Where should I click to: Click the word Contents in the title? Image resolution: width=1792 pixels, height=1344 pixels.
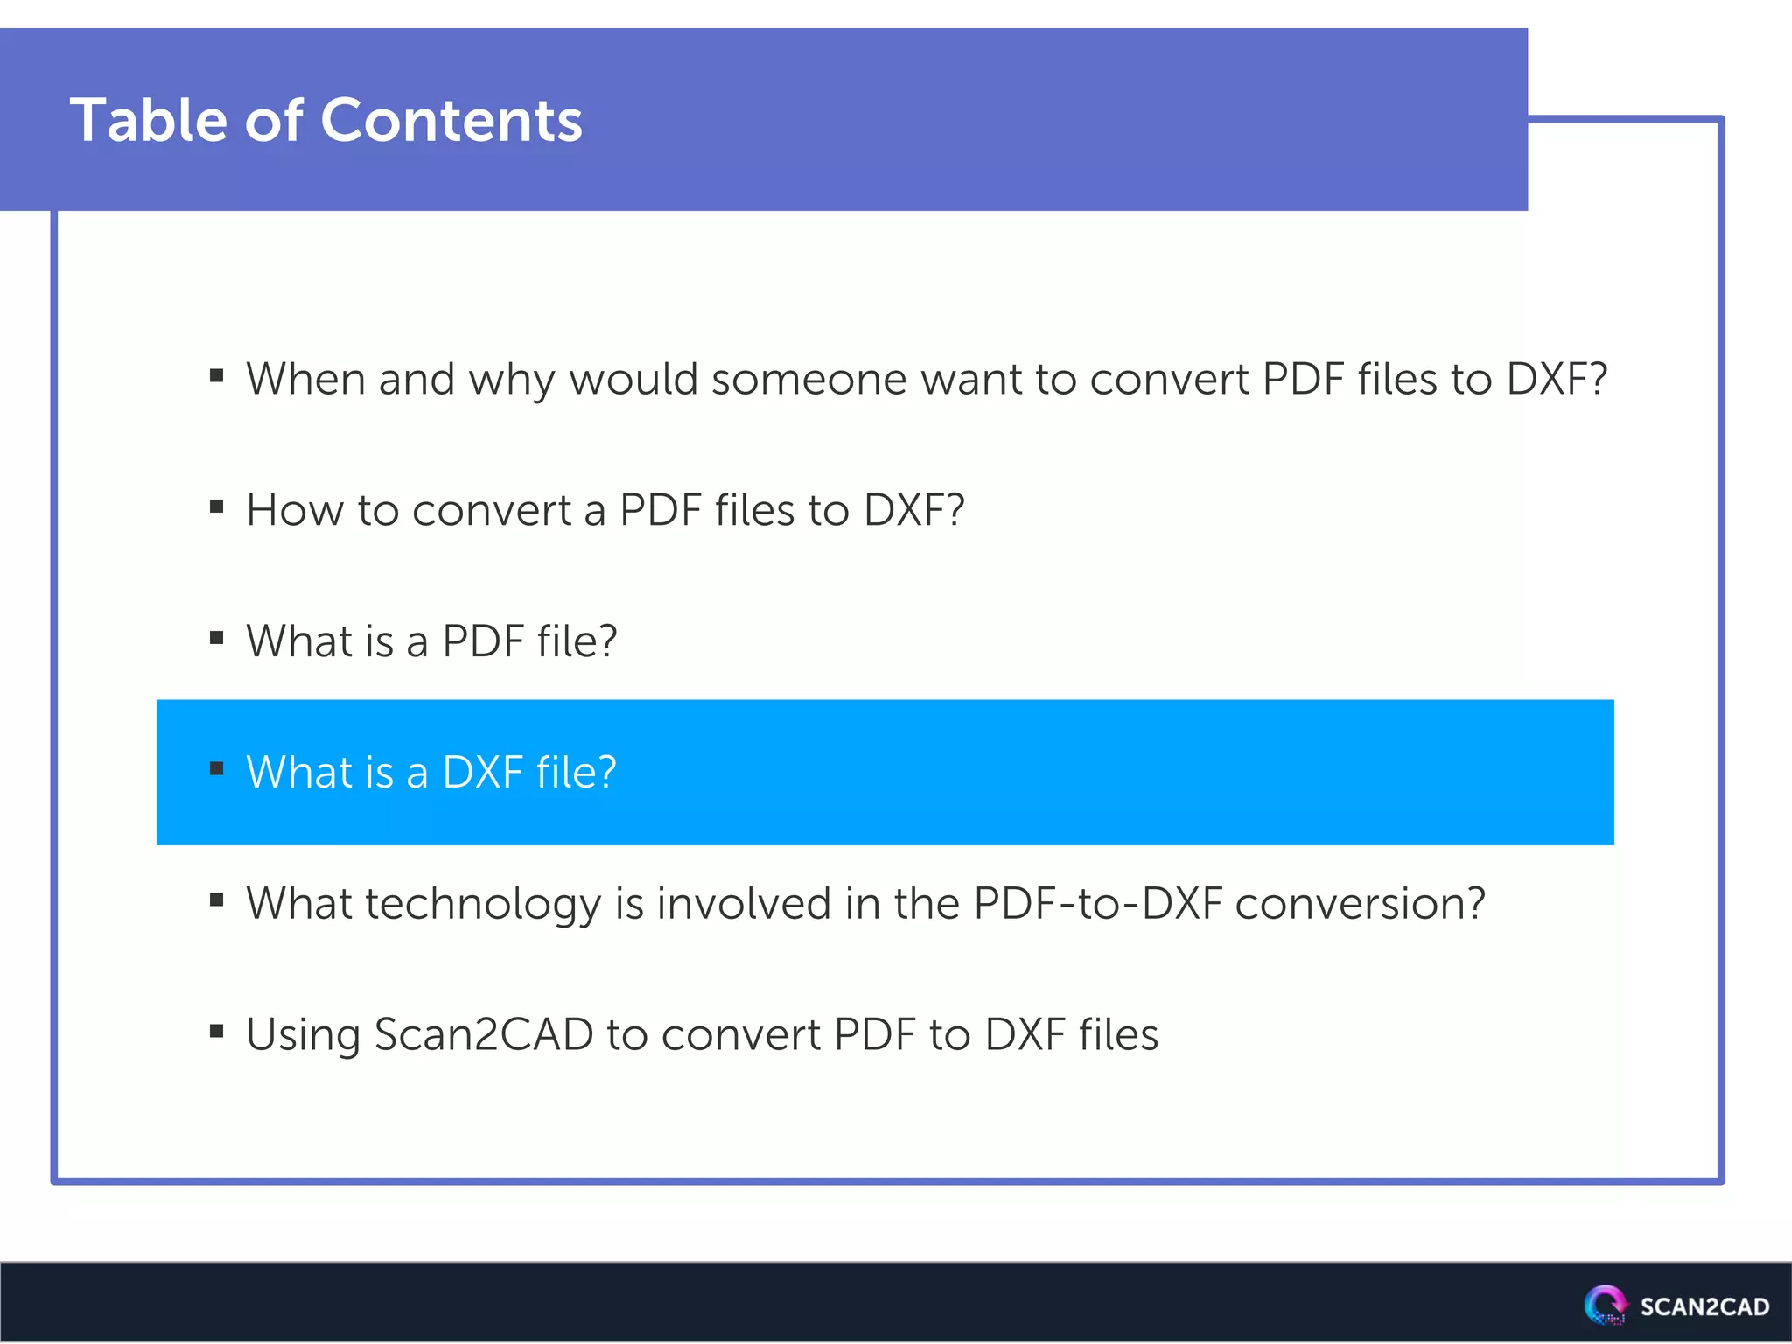click(451, 120)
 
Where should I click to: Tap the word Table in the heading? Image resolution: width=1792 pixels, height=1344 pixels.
click(149, 120)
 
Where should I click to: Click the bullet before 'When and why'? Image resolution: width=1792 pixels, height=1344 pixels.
click(217, 376)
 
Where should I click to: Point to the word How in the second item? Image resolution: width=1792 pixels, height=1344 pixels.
click(294, 510)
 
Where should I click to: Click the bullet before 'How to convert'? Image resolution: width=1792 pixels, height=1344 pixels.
click(217, 507)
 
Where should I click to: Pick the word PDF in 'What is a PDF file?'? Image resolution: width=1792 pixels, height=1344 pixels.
click(483, 641)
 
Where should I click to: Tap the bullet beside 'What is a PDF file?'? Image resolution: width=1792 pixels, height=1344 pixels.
click(217, 638)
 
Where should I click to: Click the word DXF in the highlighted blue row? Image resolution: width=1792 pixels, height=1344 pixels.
click(483, 773)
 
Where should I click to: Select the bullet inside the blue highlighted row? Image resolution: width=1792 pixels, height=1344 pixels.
click(217, 769)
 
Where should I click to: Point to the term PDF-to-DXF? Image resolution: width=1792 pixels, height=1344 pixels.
click(1097, 904)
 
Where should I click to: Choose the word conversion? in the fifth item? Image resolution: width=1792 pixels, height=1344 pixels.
click(1360, 904)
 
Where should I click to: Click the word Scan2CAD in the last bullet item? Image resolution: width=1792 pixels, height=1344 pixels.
click(484, 1035)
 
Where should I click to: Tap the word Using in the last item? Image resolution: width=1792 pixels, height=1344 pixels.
click(303, 1035)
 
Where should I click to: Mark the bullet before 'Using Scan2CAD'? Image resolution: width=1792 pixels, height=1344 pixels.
click(217, 1032)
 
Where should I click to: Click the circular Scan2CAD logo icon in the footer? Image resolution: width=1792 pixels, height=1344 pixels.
click(1606, 1305)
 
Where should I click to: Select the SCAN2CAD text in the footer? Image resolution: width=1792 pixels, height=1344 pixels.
click(1704, 1306)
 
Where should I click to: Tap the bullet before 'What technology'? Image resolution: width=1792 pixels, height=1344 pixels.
click(217, 900)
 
